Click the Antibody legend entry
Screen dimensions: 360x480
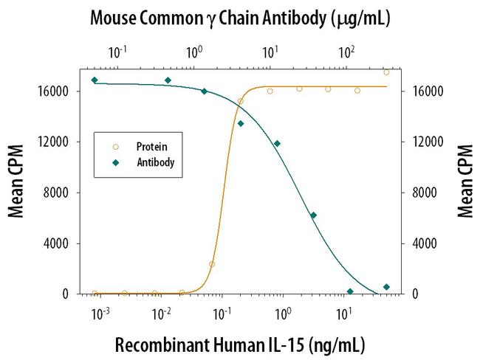pos(154,162)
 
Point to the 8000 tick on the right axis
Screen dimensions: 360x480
pos(417,193)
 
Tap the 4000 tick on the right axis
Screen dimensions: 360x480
pos(417,243)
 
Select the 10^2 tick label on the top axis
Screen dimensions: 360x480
pos(346,53)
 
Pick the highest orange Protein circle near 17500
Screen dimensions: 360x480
pos(386,72)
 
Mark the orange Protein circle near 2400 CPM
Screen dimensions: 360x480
pos(212,263)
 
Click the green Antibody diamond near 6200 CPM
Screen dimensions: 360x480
pos(313,215)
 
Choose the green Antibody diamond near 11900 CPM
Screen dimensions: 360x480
pos(277,143)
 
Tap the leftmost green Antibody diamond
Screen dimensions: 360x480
pos(95,80)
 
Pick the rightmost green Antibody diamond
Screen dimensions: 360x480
pos(386,287)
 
